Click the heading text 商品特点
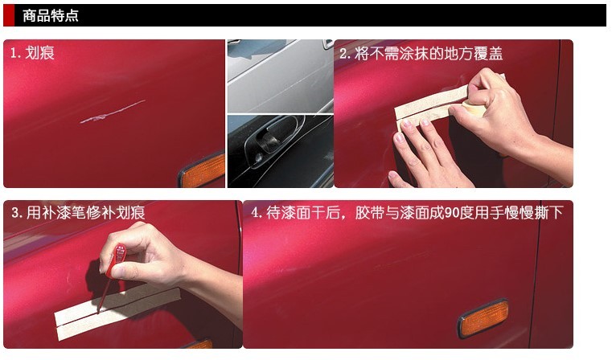point(51,15)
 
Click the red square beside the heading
point(9,15)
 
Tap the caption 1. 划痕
point(32,53)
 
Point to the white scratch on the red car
point(113,112)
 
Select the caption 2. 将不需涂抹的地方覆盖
point(421,53)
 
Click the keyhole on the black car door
point(258,157)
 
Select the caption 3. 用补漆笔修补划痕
point(78,213)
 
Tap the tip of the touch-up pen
point(98,313)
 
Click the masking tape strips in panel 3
point(117,311)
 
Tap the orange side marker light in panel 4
point(483,319)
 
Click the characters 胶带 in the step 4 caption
point(370,213)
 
